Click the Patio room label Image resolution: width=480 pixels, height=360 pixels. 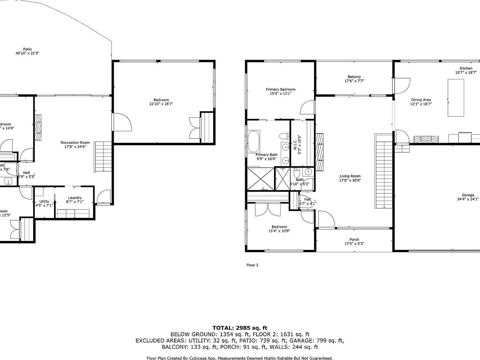27,49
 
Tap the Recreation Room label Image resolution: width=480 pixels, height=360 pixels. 75,142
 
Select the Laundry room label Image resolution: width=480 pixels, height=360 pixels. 75,197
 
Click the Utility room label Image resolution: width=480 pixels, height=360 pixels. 44,201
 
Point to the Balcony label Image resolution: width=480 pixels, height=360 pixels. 354,77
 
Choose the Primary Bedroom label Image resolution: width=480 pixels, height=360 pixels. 280,89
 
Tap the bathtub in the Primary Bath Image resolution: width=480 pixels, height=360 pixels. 253,142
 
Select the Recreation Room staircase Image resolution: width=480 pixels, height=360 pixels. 103,156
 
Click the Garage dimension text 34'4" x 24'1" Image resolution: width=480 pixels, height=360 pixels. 467,199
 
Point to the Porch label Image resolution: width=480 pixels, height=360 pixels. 354,240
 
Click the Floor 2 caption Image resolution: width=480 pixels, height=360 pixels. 252,265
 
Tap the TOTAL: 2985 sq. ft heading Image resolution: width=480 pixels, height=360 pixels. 240,328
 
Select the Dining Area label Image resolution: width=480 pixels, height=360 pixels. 421,100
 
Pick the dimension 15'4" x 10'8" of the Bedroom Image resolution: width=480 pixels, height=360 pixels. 279,231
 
